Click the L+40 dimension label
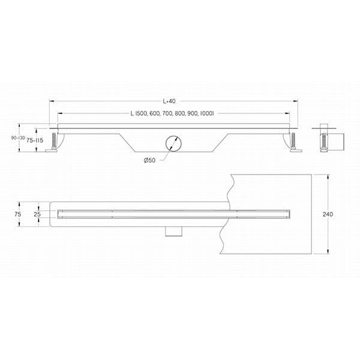click(x=173, y=101)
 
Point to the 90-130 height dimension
click(x=17, y=138)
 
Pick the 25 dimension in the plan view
click(x=37, y=214)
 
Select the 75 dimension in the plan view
click(x=18, y=214)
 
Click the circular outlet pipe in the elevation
click(x=173, y=144)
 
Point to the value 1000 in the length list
click(x=206, y=114)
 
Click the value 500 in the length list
click(x=142, y=114)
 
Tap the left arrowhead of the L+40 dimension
click(x=51, y=101)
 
